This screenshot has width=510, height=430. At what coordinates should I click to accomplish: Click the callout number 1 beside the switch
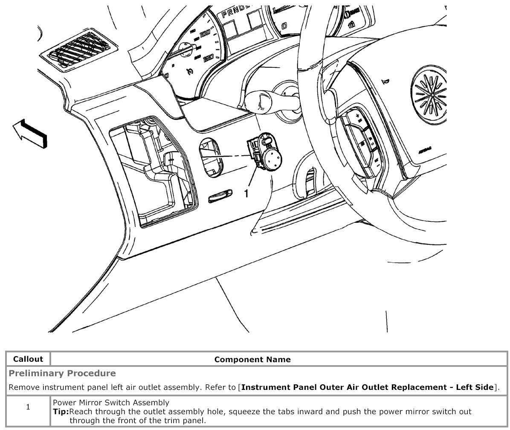[x=246, y=194]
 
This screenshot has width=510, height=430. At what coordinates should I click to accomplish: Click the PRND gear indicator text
[x=233, y=13]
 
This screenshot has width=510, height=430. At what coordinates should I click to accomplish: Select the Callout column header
[x=28, y=359]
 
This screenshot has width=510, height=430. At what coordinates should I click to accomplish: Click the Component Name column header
[x=252, y=359]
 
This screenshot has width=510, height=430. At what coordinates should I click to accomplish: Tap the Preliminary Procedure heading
[x=62, y=373]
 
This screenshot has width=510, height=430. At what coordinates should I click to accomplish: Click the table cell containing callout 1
[x=28, y=407]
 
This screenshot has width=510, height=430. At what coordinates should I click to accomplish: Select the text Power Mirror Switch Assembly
[x=111, y=402]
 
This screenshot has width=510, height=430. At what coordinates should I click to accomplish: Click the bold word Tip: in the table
[x=61, y=412]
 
